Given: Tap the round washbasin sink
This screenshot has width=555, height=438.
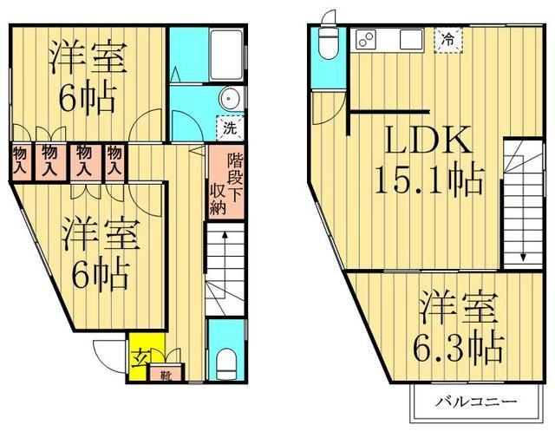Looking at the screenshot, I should (232, 96).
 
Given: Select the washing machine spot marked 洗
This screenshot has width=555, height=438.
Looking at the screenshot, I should (229, 127).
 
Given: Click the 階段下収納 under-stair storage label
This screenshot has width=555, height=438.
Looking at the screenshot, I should (225, 184).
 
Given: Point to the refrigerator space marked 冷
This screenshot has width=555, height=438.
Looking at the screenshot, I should (448, 39).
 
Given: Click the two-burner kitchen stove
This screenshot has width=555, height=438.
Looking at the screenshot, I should (365, 39).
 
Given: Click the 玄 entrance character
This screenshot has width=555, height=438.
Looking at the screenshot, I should (140, 357).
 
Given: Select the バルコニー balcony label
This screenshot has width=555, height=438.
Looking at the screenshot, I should (476, 402).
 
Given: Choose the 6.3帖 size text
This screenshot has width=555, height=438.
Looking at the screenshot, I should (458, 349).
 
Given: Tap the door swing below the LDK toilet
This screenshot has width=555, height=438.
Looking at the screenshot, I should (327, 104).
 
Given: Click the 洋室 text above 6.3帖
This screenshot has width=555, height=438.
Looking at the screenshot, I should (460, 310).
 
